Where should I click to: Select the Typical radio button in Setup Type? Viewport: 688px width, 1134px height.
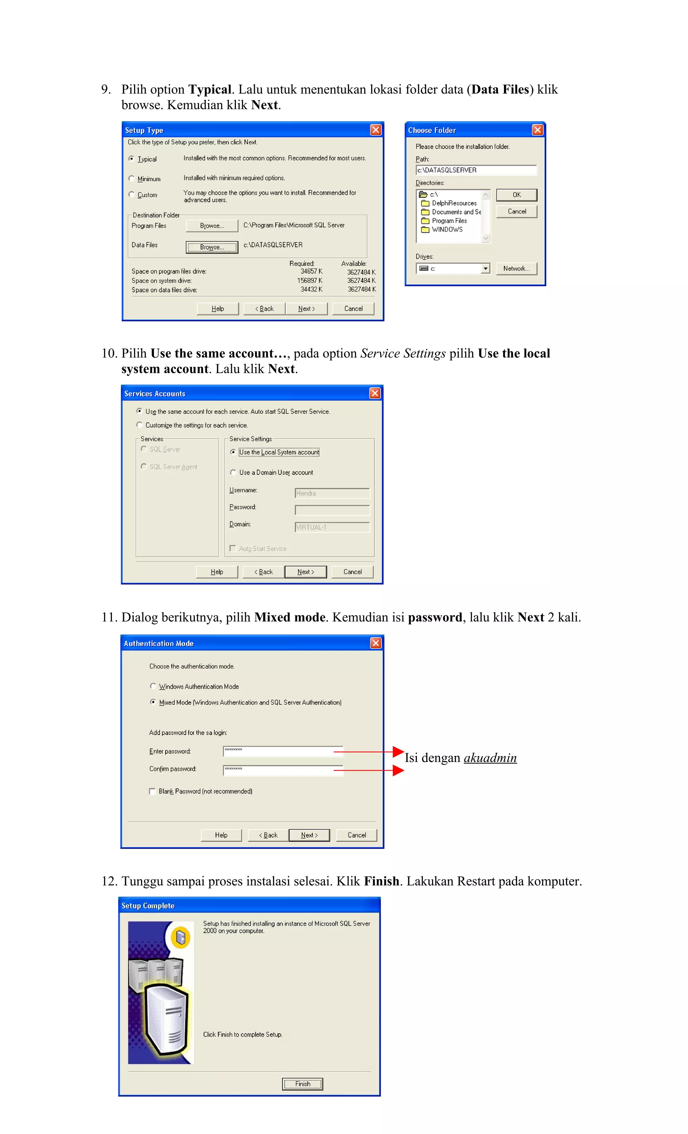(132, 159)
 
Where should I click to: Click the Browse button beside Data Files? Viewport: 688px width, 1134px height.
(212, 247)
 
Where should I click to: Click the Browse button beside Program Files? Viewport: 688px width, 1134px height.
(212, 226)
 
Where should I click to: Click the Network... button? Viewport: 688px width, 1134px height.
(516, 268)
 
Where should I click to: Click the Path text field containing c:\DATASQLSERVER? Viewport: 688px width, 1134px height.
(476, 170)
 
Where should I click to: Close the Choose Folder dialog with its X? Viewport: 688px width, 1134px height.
(537, 130)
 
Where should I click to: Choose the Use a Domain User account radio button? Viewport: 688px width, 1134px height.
(233, 472)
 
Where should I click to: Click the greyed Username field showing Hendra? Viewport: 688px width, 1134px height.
(332, 493)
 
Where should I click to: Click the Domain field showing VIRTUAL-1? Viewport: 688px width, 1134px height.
(332, 527)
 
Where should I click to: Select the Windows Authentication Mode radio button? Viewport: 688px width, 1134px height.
(153, 686)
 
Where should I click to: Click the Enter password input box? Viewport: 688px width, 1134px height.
(283, 751)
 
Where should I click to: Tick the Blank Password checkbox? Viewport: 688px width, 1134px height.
(152, 791)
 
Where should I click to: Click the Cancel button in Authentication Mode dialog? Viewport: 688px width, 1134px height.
(356, 835)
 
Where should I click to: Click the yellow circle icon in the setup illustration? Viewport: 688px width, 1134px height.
(181, 937)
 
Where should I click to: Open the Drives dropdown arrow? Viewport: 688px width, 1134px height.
(485, 268)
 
